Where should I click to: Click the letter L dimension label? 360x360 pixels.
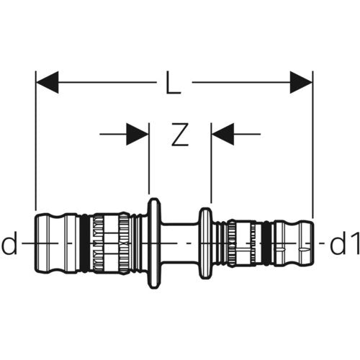tap(174, 82)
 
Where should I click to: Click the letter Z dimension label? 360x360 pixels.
tap(180, 135)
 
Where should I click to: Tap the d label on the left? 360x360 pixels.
tap(9, 243)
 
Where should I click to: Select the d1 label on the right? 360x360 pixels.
tap(345, 243)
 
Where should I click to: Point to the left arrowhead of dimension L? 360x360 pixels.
tap(48, 82)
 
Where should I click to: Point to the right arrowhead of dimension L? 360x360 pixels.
tap(301, 82)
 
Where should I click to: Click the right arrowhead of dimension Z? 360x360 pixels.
tap(222, 134)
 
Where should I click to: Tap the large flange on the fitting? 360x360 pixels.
tap(154, 243)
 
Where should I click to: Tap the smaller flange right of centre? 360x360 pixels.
tap(206, 243)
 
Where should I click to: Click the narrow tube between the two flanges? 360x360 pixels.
tap(180, 243)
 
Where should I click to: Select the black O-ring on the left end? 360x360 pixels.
tap(84, 243)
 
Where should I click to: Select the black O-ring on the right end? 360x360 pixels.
tap(266, 243)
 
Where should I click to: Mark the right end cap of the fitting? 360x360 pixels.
tap(294, 243)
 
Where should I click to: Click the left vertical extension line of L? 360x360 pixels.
tap(36, 140)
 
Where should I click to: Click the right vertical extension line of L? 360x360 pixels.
tap(312, 145)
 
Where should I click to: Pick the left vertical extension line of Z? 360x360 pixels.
tap(149, 158)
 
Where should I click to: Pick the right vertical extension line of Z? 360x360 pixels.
tap(211, 163)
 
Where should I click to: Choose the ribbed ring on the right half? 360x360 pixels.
tap(232, 243)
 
